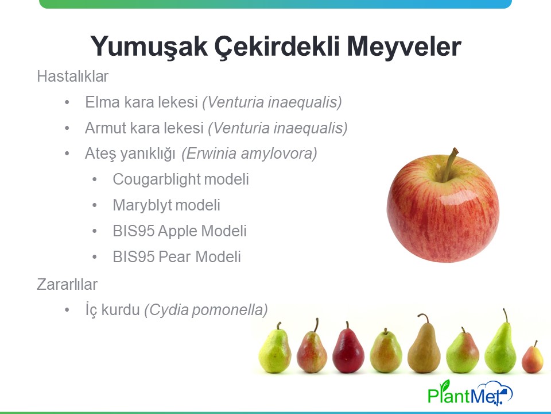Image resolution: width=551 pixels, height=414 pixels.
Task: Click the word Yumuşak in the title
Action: coord(149,47)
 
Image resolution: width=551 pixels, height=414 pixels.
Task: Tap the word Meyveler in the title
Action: coord(403,47)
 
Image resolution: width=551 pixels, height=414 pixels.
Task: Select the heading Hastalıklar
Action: coord(73,76)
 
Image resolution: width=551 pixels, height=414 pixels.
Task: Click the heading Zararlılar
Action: coord(67,285)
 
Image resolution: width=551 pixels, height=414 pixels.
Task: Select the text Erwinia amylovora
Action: coord(249,154)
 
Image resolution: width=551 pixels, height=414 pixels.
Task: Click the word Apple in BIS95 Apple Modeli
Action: coord(177,231)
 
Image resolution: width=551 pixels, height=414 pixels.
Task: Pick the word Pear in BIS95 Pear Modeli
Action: coord(174,257)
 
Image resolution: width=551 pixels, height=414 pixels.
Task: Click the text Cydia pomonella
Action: coord(206,310)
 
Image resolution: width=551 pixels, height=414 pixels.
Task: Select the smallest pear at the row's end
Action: coord(533,358)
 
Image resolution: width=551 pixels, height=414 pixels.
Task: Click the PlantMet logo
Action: coord(470,392)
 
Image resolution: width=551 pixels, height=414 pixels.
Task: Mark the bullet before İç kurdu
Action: coord(67,310)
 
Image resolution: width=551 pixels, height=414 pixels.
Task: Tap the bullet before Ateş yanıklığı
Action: coord(67,154)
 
